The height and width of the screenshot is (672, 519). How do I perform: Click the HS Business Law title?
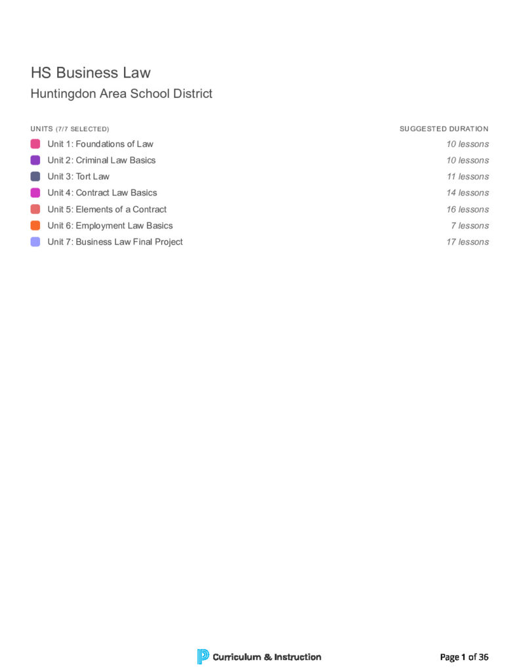coord(91,72)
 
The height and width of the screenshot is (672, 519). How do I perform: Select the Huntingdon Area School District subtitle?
coord(121,94)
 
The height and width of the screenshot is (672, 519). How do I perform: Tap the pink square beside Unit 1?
coord(35,144)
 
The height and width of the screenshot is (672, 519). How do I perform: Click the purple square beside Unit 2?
coord(35,160)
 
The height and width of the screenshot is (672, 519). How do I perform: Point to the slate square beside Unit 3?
coord(35,177)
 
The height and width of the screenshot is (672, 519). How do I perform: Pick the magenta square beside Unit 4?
coord(35,193)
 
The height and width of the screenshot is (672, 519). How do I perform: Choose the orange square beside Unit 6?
coord(35,226)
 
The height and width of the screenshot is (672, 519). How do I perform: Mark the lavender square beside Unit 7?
coord(35,242)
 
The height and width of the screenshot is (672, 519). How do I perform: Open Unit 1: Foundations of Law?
coord(100,144)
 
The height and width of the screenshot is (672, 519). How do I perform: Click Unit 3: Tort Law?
coord(79,177)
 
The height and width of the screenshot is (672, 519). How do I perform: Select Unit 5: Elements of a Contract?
coord(107,209)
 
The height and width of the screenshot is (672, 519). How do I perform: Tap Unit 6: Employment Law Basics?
coord(110,226)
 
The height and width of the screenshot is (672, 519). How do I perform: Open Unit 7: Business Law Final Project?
coord(115,242)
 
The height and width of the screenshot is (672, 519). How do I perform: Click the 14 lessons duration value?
coord(468,193)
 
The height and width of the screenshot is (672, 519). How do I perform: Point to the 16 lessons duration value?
coord(468,209)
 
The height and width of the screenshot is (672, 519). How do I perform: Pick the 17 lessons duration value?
coord(468,242)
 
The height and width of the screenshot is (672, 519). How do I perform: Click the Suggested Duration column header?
coord(444,129)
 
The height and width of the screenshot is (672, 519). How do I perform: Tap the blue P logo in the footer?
coord(203,656)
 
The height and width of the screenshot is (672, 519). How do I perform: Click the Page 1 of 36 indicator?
coord(465,657)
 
